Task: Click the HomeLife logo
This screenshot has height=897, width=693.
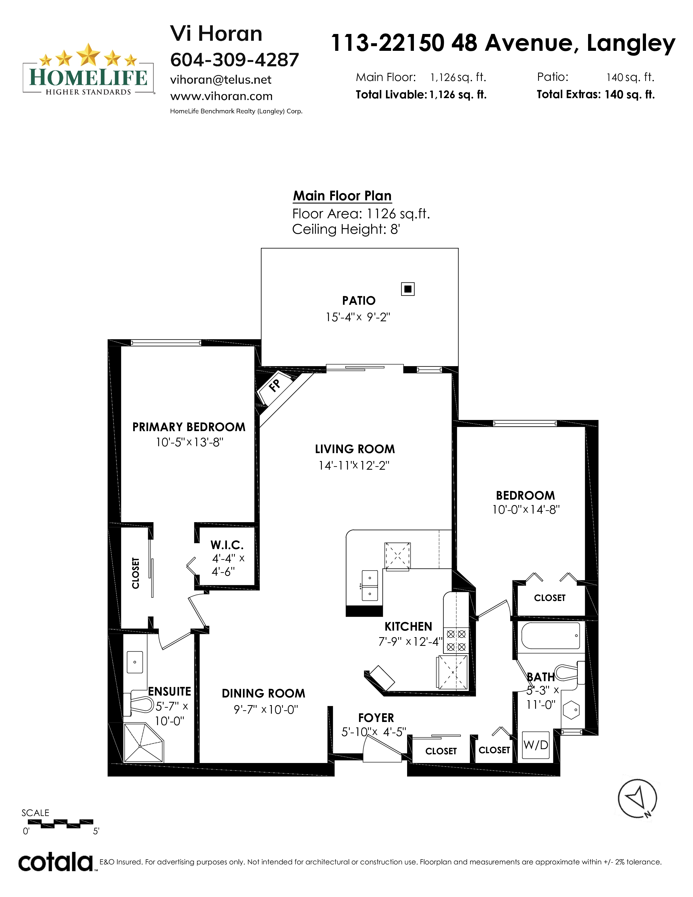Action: [x=88, y=70]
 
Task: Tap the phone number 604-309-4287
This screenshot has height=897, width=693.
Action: [x=235, y=60]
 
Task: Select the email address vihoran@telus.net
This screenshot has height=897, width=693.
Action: [x=221, y=80]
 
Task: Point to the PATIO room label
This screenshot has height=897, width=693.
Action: [x=359, y=301]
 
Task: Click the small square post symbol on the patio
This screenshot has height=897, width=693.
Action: [x=408, y=289]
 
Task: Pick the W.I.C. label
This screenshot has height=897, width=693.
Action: [x=227, y=545]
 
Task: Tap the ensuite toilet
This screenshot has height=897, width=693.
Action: [x=138, y=705]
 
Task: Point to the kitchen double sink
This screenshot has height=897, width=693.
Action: [x=370, y=585]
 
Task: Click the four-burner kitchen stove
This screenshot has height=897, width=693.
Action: [x=456, y=640]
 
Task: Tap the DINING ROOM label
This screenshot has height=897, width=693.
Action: [x=264, y=693]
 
